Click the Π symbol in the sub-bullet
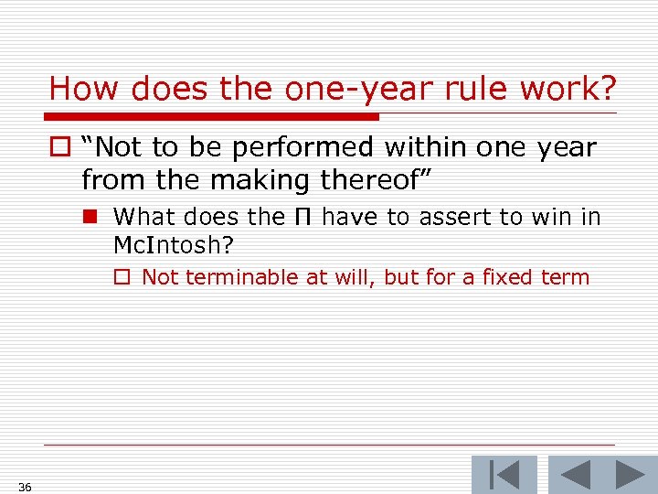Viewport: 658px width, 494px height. pos(302,217)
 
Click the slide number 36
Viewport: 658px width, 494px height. pos(25,487)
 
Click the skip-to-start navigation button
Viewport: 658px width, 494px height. pos(504,475)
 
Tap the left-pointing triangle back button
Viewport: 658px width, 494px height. pos(576,475)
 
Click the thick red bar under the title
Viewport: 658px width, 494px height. pos(214,117)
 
